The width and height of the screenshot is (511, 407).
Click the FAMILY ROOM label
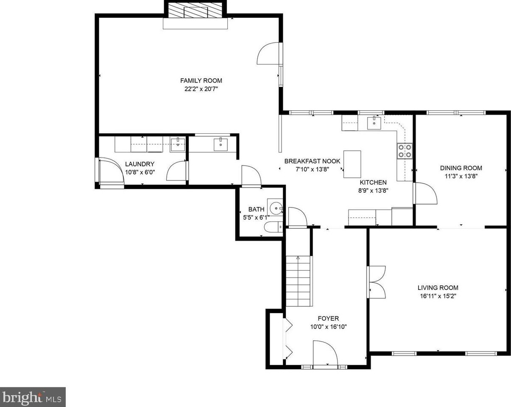[201, 81]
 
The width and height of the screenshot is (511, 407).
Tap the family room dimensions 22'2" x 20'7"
[201, 89]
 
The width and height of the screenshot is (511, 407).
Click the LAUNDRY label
[140, 164]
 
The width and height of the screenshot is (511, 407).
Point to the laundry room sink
[177, 144]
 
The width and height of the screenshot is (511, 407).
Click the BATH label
[256, 209]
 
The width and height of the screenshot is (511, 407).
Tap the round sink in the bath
[276, 208]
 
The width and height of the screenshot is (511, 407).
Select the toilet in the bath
[274, 227]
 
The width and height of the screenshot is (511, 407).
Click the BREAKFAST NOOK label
[312, 161]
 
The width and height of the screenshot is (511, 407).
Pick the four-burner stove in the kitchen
[405, 151]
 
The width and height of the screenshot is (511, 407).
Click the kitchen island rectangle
[352, 164]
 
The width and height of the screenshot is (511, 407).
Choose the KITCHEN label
[373, 182]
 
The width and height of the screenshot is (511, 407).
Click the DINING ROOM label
[461, 168]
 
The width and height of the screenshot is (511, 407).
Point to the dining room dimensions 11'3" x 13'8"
[461, 176]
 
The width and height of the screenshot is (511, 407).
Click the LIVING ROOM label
[438, 288]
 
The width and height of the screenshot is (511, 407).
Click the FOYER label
[328, 318]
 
